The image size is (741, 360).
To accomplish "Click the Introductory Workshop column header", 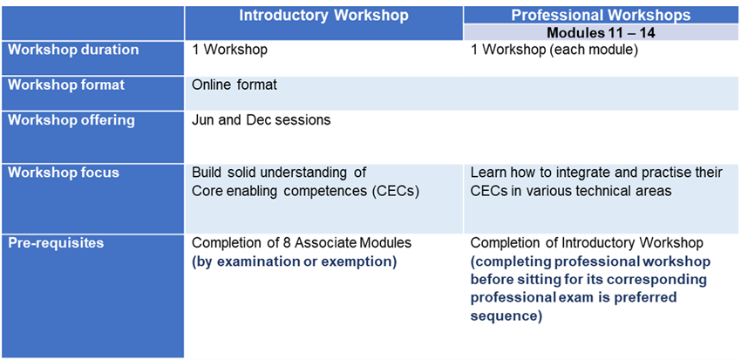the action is (323, 15).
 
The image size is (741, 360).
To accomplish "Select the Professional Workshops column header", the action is (602, 15).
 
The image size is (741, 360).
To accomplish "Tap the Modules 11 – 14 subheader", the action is (601, 33).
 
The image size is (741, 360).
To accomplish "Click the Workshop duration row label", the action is (74, 50).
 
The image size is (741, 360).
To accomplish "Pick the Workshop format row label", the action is (66, 85).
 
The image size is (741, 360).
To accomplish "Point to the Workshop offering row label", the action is (71, 120).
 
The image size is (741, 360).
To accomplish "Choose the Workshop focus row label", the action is (64, 173).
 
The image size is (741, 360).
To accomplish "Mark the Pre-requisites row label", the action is (57, 243).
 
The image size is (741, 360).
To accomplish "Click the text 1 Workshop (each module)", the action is (554, 50).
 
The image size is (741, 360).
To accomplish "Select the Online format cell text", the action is (235, 85).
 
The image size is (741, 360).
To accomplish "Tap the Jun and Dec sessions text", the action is (262, 120).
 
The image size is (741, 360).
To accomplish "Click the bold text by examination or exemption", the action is (294, 262).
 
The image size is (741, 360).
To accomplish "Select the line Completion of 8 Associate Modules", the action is (302, 243).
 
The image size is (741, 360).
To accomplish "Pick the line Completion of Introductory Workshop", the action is (587, 243).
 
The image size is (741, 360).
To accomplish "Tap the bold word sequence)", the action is (506, 316).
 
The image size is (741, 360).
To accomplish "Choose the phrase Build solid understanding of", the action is (279, 173).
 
